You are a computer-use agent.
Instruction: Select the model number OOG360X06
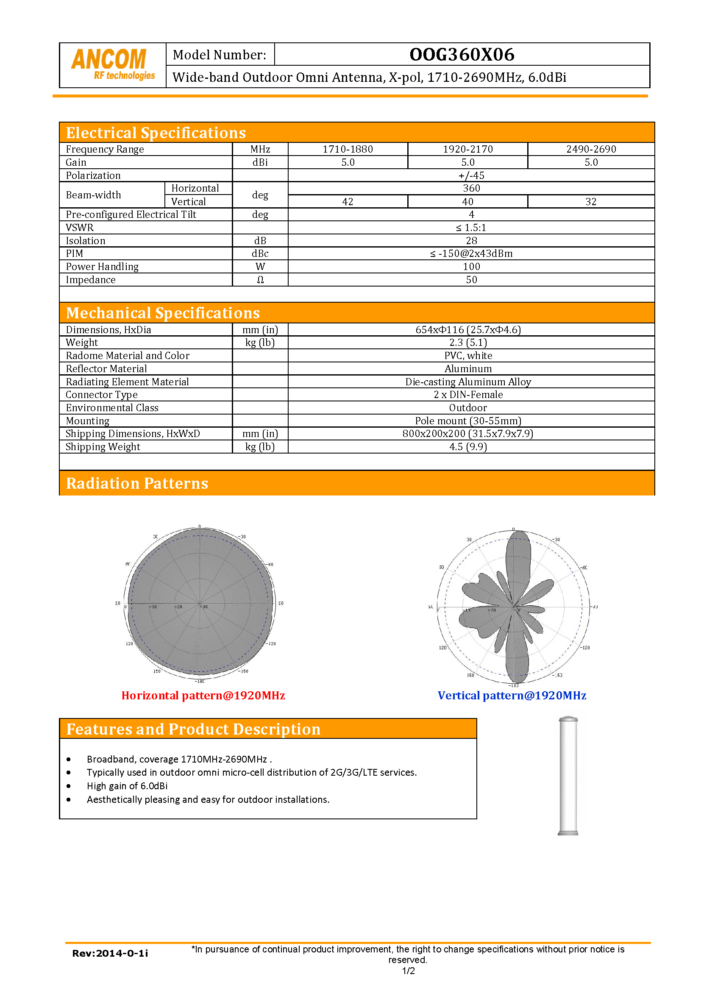462,55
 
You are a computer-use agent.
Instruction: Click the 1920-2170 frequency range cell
467,149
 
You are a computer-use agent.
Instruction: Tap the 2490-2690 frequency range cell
591,149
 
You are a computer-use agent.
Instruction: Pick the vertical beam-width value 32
590,202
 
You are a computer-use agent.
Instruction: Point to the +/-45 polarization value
471,175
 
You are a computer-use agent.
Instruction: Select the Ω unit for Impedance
260,280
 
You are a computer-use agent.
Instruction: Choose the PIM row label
75,253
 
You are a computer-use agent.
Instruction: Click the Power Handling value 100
471,267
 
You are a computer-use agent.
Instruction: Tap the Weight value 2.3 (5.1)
468,343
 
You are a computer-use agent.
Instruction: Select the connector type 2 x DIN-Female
468,395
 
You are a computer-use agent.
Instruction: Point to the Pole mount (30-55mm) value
468,421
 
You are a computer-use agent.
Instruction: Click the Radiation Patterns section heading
137,483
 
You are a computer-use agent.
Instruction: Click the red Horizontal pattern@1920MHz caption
203,695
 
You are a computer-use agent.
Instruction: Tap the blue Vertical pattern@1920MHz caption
512,695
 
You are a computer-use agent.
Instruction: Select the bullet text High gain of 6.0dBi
127,786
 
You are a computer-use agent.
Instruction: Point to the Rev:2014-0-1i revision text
110,953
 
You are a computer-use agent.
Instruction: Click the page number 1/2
408,971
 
